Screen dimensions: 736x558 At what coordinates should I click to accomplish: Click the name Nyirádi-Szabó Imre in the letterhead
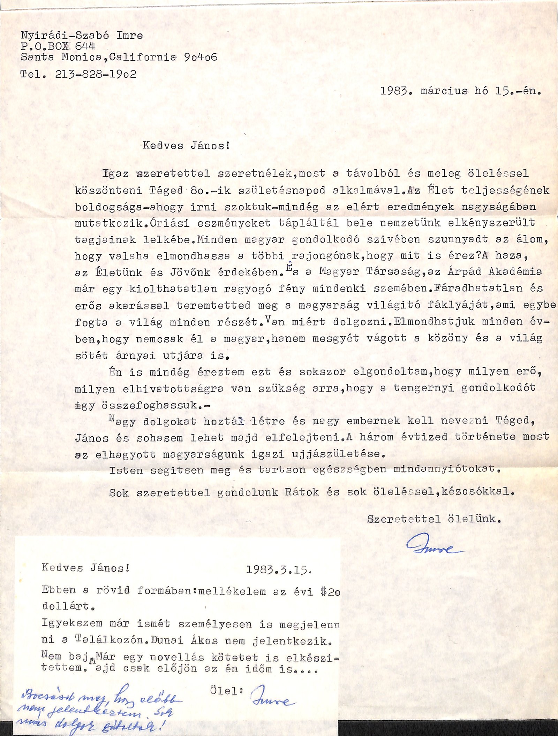tap(82, 36)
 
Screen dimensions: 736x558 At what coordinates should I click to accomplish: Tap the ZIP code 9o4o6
tap(200, 57)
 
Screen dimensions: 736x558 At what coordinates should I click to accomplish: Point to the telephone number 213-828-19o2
tap(96, 74)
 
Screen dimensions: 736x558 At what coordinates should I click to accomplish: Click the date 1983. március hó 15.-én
tap(460, 91)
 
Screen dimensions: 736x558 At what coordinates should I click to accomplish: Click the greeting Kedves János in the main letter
tap(186, 145)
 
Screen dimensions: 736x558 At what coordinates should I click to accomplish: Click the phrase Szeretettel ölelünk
tap(434, 519)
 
